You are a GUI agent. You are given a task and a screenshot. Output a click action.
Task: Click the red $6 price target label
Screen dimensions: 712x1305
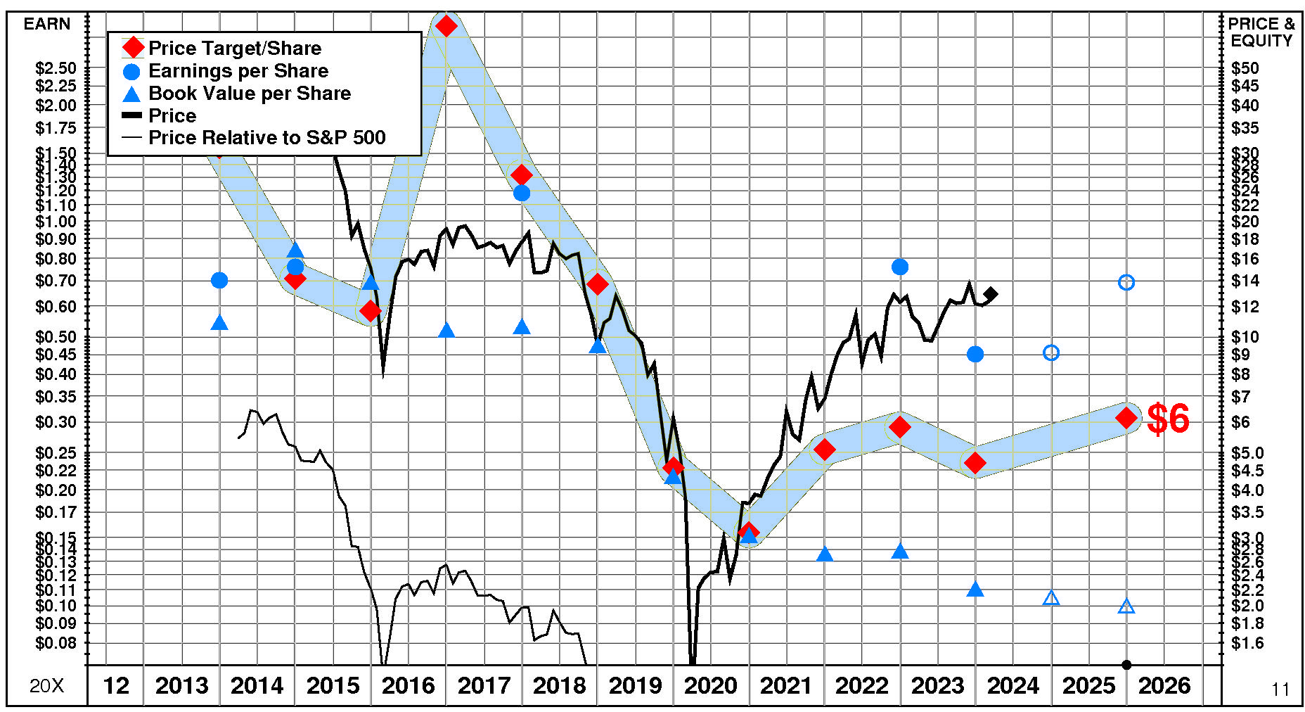click(1168, 419)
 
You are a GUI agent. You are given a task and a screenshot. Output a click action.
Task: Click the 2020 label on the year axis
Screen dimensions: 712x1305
click(710, 685)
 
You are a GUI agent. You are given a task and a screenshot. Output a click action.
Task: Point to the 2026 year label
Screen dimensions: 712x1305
click(1164, 685)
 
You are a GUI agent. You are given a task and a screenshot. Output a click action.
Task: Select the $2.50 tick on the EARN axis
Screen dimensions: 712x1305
click(56, 69)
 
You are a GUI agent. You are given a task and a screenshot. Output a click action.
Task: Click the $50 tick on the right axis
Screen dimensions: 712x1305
click(1245, 69)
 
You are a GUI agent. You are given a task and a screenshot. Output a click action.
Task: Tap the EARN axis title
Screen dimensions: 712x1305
click(47, 25)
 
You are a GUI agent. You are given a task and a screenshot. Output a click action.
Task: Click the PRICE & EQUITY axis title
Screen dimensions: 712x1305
click(1261, 32)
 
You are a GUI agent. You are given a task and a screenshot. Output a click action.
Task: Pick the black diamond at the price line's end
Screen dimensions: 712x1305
click(991, 293)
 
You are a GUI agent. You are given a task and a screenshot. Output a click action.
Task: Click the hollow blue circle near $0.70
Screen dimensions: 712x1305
click(1126, 283)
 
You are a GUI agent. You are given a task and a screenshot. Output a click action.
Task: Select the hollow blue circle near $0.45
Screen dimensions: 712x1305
click(1051, 352)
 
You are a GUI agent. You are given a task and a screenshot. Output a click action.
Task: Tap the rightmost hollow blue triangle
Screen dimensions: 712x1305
click(1126, 606)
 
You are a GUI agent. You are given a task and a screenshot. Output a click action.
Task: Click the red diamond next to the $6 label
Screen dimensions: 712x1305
click(1126, 418)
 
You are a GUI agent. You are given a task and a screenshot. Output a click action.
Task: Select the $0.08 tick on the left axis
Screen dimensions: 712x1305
click(56, 643)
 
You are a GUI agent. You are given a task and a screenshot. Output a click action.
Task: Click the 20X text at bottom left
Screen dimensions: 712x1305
click(46, 686)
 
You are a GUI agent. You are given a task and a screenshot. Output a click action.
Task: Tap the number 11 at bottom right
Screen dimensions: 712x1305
click(1280, 689)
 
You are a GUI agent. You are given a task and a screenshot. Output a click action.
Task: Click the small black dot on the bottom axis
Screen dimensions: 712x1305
click(1126, 665)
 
